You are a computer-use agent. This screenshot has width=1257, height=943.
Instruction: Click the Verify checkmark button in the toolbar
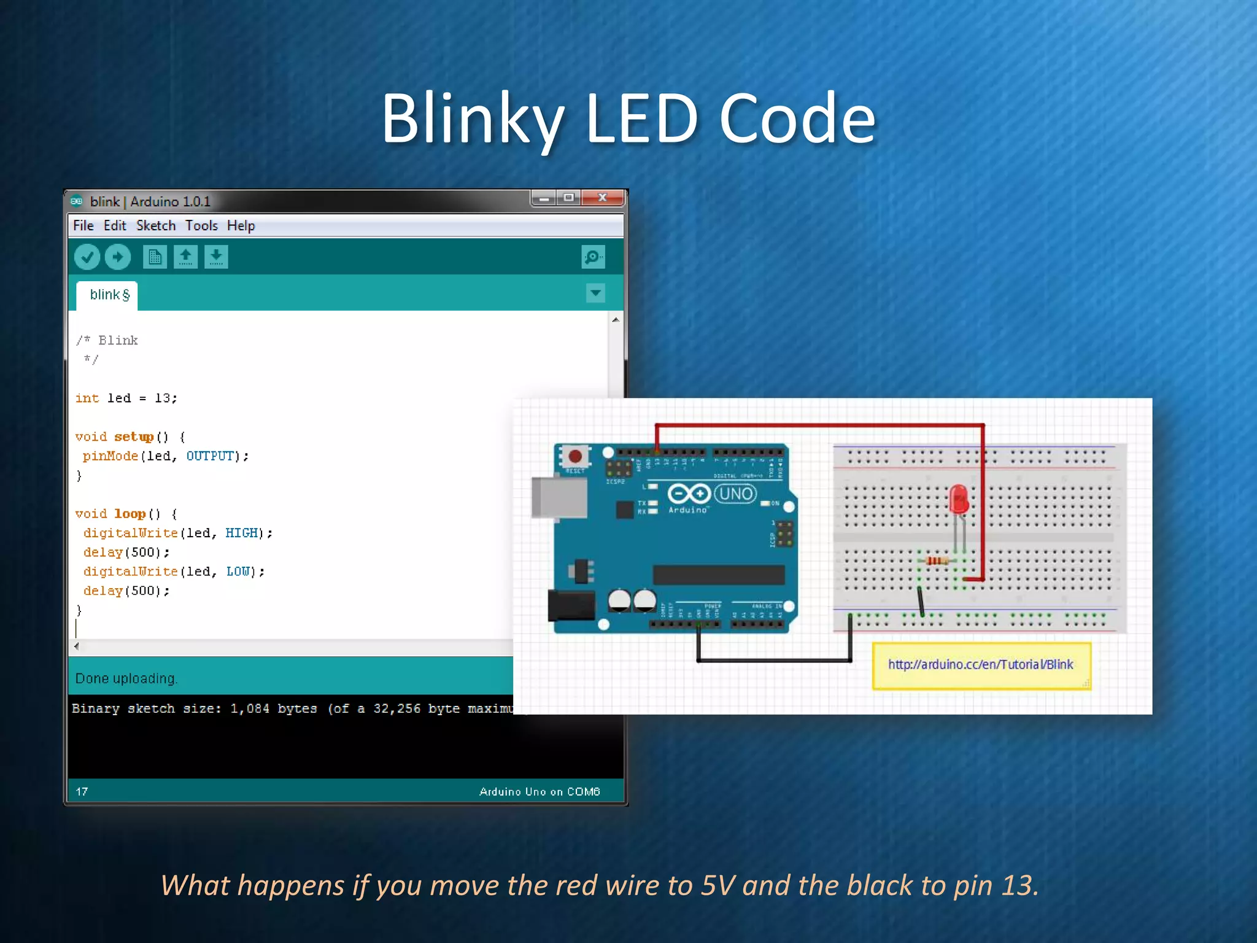87,257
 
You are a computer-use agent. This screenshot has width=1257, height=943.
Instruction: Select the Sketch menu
156,226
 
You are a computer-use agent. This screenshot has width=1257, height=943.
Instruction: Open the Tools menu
201,226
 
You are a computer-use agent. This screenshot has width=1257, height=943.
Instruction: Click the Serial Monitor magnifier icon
593,257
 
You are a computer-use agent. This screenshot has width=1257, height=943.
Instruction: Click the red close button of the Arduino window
603,198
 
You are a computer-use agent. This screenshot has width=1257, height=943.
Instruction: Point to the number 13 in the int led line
162,398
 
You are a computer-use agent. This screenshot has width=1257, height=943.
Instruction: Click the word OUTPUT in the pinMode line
210,456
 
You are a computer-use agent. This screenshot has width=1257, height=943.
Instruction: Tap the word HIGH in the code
241,533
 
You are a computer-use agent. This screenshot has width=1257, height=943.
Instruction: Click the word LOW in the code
238,572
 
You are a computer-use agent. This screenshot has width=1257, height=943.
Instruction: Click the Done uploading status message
126,678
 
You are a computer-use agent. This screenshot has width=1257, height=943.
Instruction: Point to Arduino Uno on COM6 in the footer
539,791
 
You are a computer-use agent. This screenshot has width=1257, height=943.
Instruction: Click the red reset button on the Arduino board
575,456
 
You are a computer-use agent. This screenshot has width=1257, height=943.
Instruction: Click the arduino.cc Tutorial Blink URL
980,664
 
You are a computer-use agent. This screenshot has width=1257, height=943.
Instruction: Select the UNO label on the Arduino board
735,494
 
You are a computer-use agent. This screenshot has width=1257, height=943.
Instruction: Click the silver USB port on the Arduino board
559,497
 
